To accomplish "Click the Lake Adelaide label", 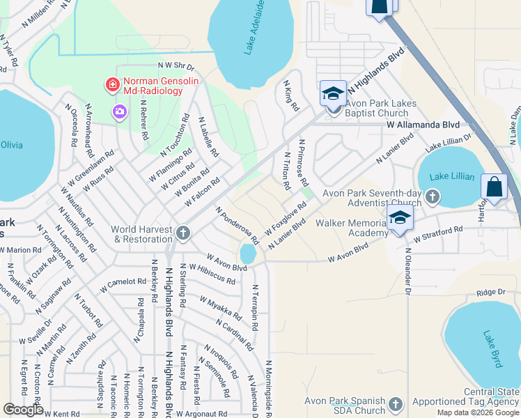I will [x=255, y=28].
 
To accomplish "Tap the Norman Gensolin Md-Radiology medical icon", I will [x=111, y=86].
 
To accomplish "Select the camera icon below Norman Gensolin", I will [x=120, y=111].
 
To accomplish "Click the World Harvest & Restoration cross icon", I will [x=183, y=233].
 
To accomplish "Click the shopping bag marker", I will [x=494, y=187].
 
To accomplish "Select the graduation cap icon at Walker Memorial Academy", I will [x=401, y=217].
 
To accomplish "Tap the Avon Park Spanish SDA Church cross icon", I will [x=396, y=404].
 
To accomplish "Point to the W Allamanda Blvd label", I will [x=423, y=124].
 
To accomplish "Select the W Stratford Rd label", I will [x=438, y=234].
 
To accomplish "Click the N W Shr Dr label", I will [x=176, y=65].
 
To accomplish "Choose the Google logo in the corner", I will [x=24, y=409].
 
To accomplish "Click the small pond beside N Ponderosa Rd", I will [x=248, y=254].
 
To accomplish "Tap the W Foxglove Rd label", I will [x=286, y=219].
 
